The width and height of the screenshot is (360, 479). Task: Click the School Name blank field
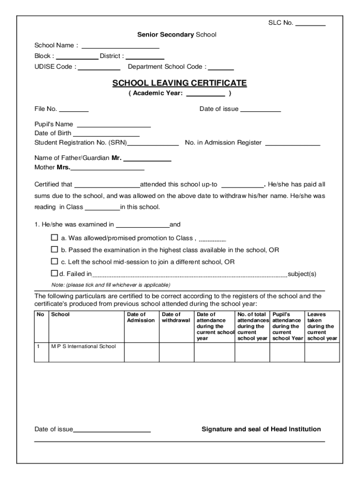point(121,47)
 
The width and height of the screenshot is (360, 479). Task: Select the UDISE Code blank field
point(99,68)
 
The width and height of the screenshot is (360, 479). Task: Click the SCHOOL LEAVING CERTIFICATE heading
point(180,83)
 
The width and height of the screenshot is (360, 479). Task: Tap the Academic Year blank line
point(206,95)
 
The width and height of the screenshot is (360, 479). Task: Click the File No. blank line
point(73,111)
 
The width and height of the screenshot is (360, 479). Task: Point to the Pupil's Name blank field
point(114,126)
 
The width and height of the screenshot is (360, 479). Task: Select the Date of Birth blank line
point(106,135)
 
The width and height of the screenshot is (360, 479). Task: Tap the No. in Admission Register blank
point(293,144)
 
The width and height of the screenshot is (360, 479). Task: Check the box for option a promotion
point(54,238)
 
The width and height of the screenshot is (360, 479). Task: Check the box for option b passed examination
point(54,250)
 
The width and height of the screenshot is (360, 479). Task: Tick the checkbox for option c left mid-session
point(54,261)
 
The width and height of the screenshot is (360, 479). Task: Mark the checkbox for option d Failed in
point(54,273)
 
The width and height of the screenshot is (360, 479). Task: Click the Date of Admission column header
point(141,318)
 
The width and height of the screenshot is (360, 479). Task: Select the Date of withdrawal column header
point(176,318)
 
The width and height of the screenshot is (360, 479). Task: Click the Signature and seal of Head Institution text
point(261,429)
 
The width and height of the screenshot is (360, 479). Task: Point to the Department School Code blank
point(224,68)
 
